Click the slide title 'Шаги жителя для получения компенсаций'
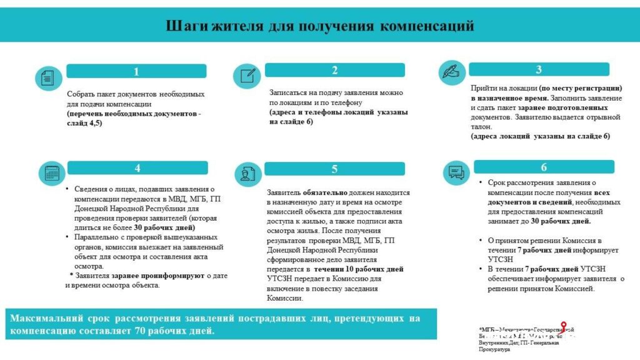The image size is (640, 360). tap(319, 26)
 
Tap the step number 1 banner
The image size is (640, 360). tap(136, 71)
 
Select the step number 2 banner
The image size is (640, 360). tap(334, 70)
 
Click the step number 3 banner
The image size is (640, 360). tap(538, 69)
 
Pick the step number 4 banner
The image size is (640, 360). tap(137, 167)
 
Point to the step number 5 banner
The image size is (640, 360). tap(334, 169)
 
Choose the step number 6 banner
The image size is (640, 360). tap(543, 167)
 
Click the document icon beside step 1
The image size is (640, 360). tap(48, 78)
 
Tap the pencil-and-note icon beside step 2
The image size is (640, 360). tap(247, 76)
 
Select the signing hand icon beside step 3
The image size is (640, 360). tap(451, 72)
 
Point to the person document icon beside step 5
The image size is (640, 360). tap(247, 174)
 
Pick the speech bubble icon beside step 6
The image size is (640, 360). tap(456, 172)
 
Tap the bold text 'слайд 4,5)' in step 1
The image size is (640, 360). tap(85, 123)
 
